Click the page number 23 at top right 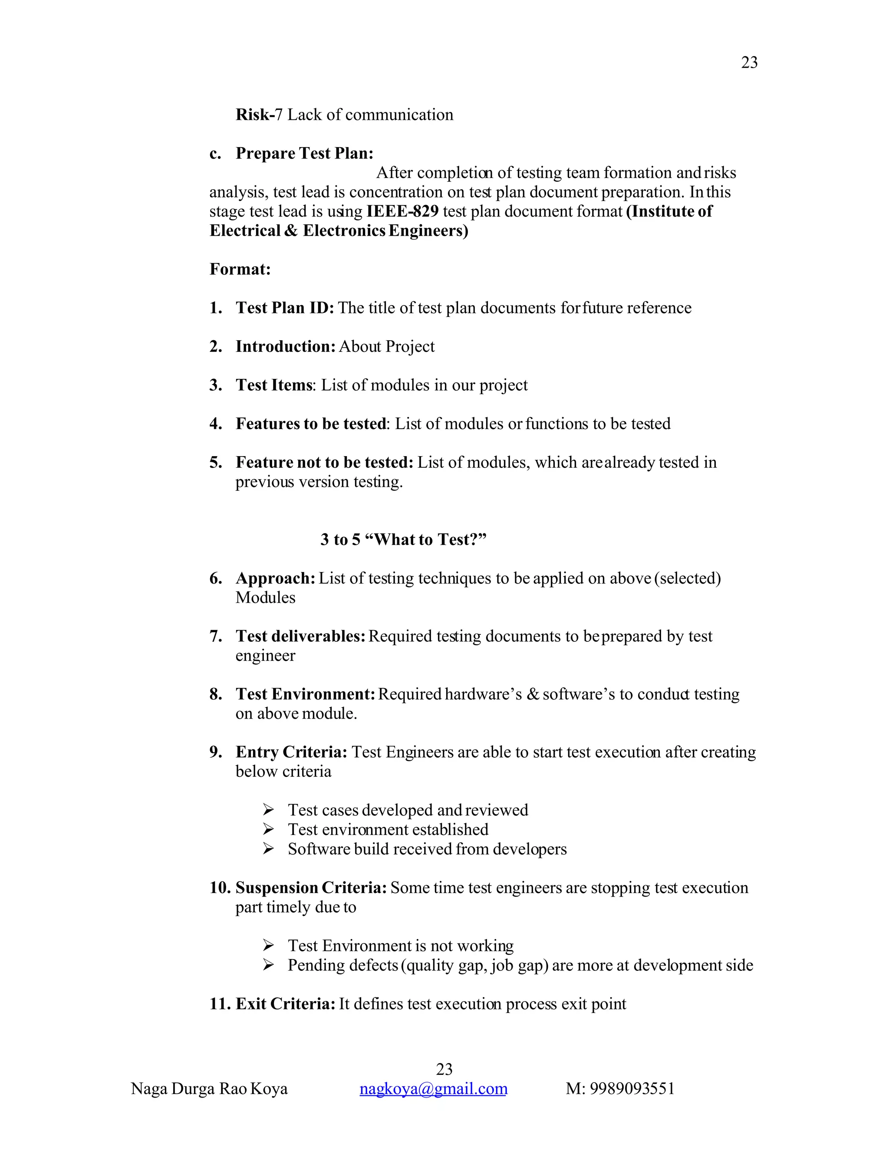(x=749, y=62)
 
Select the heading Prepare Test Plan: (x=304, y=153)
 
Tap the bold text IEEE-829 (x=402, y=211)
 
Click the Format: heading (x=240, y=269)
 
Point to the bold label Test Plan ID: (x=284, y=308)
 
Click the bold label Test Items (x=274, y=385)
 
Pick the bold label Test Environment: (x=305, y=694)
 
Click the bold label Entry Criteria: (x=291, y=752)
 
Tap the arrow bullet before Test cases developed (x=269, y=809)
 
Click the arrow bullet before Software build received (x=269, y=848)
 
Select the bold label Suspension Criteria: (x=311, y=887)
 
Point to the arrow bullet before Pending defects (x=269, y=965)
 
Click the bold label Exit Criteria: (x=285, y=1004)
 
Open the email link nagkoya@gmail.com (x=433, y=1088)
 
